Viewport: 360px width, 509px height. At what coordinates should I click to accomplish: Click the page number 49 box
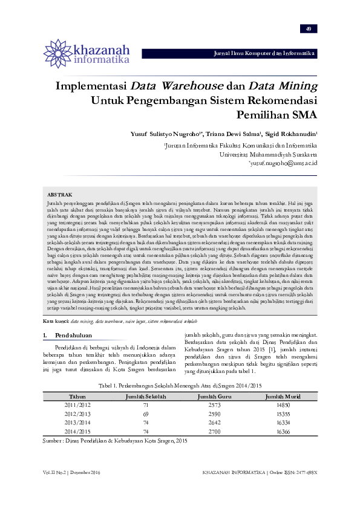308,29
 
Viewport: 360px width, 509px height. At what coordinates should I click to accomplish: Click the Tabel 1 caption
180,385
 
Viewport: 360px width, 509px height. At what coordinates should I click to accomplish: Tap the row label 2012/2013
78,413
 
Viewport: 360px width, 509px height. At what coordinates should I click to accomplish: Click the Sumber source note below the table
115,442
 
